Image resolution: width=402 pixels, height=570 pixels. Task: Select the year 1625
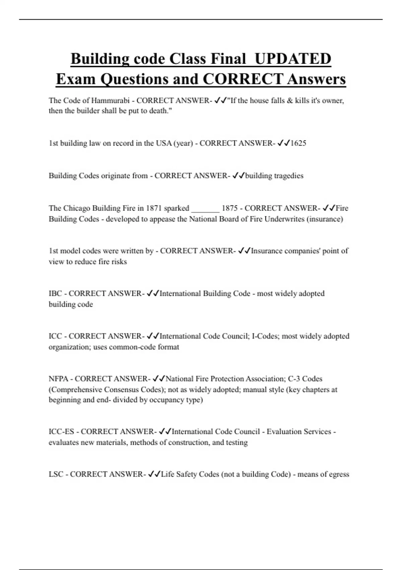pyautogui.click(x=298, y=143)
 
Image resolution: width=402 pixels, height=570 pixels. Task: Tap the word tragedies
pyautogui.click(x=288, y=176)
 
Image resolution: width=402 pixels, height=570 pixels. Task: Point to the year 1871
pyautogui.click(x=154, y=208)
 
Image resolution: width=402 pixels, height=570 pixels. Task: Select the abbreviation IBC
pyautogui.click(x=55, y=294)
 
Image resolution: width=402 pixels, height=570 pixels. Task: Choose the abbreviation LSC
pyautogui.click(x=56, y=474)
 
